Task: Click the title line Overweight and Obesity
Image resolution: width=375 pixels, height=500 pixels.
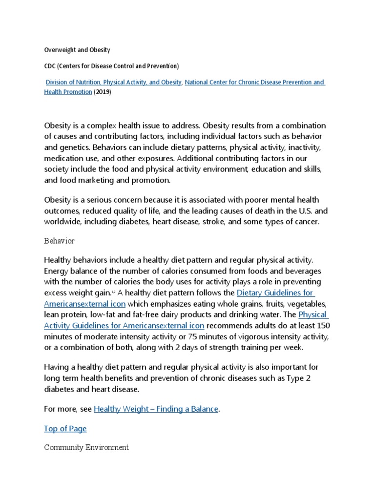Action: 77,50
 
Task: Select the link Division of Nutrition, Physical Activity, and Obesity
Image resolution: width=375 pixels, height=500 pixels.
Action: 114,82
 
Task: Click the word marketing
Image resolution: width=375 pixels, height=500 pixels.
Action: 97,180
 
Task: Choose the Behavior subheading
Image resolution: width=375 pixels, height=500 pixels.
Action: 59,241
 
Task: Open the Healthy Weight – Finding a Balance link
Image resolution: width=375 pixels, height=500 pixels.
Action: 156,409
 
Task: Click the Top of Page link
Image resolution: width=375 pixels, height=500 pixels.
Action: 65,428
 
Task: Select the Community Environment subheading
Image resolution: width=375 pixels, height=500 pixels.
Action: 86,447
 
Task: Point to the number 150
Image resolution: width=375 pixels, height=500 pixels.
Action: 317,325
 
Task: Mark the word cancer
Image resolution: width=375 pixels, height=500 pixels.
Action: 306,222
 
